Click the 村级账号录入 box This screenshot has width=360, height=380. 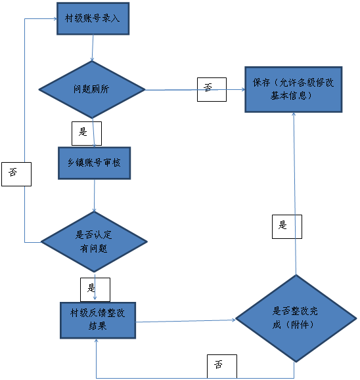click(93, 18)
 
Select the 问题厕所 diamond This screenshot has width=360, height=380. click(92, 89)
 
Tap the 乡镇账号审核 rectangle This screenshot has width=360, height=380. click(95, 163)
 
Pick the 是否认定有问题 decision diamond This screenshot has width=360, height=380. click(94, 242)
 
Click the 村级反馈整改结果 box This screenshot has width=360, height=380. click(98, 320)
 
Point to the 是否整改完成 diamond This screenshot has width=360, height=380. click(296, 318)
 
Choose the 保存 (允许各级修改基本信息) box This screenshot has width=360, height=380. click(294, 89)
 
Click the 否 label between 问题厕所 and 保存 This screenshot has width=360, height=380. click(212, 89)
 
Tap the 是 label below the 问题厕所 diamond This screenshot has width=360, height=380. click(87, 133)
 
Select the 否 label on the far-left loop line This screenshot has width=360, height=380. click(16, 174)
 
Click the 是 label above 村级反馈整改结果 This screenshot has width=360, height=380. click(95, 289)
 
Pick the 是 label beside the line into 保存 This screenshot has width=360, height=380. click(287, 226)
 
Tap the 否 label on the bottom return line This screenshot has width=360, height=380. click(222, 366)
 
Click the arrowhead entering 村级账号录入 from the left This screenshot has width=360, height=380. click(55, 18)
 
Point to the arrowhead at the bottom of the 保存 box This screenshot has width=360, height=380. click(294, 114)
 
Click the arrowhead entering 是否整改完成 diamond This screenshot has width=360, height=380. click(234, 320)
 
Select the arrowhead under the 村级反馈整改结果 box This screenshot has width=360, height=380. click(97, 341)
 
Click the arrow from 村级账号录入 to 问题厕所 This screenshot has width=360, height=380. click(93, 48)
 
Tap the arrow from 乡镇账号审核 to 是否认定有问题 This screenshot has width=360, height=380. click(95, 196)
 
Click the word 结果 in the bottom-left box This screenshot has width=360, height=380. click(97, 326)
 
